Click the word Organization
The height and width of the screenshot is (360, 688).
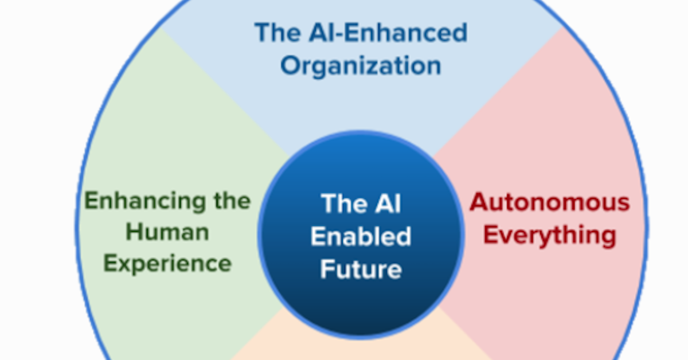pyautogui.click(x=360, y=66)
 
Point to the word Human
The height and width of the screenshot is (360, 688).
pyautogui.click(x=167, y=232)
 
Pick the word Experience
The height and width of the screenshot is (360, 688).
pyautogui.click(x=167, y=263)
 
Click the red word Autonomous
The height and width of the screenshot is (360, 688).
pyautogui.click(x=549, y=202)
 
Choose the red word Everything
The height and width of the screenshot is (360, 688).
pyautogui.click(x=550, y=235)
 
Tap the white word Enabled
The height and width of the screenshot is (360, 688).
pyautogui.click(x=361, y=236)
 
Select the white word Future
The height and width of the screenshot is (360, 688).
pyautogui.click(x=361, y=268)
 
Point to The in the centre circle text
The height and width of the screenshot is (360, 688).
pyautogui.click(x=343, y=204)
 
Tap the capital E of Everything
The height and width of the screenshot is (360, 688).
pyautogui.click(x=491, y=235)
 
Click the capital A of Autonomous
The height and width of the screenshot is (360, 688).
pyautogui.click(x=479, y=202)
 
